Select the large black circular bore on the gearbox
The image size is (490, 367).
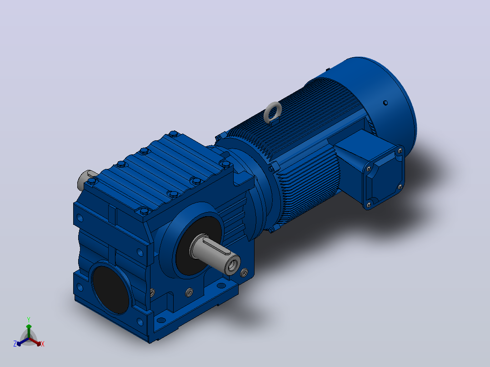(110, 288)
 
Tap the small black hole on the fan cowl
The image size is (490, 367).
(385, 103)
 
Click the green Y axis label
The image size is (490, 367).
(29, 319)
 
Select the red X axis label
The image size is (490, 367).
(43, 344)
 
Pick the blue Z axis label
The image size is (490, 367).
(15, 344)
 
